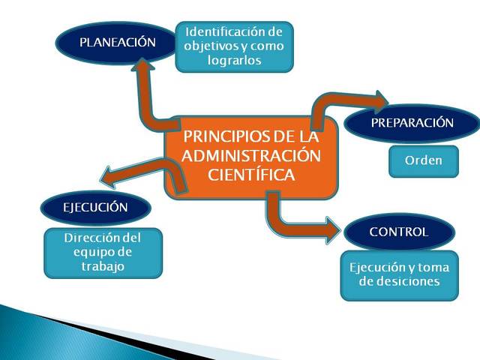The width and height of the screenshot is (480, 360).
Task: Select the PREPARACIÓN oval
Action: (412, 123)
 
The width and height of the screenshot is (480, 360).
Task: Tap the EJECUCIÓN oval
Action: (95, 208)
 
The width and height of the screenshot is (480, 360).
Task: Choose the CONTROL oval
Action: (399, 232)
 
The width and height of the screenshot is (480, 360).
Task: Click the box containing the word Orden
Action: (423, 161)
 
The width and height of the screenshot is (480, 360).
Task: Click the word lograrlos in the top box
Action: (234, 61)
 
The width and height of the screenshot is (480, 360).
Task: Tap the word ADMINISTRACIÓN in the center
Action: (250, 156)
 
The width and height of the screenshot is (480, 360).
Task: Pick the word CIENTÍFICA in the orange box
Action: (250, 174)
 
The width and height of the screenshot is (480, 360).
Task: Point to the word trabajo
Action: (103, 265)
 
